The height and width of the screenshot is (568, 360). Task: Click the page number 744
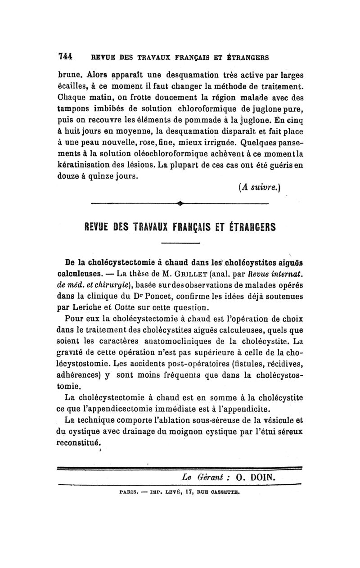click(x=66, y=57)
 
